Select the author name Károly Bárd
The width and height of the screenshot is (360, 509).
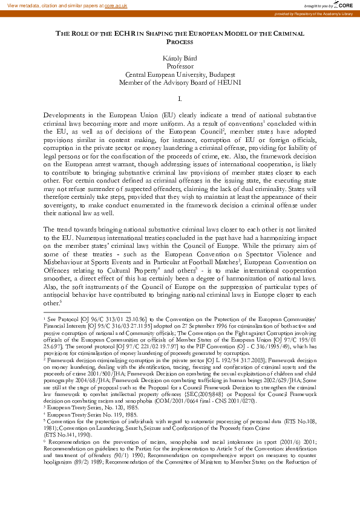180,57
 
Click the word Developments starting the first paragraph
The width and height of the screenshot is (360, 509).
67,114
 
